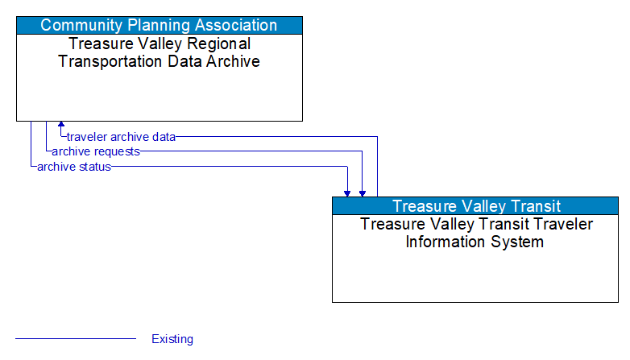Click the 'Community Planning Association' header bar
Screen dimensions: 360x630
coord(159,25)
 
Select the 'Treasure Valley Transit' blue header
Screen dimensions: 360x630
coord(475,206)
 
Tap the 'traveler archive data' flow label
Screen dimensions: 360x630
coord(121,137)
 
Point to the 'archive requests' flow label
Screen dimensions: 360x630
coord(95,151)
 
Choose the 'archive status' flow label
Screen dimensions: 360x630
coord(73,167)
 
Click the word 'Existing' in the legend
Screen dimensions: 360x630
coord(172,339)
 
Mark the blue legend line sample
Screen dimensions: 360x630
coord(76,339)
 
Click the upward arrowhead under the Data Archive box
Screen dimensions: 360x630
coord(61,126)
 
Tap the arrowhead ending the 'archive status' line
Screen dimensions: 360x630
coord(347,192)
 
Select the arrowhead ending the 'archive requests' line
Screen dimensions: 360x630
coord(363,192)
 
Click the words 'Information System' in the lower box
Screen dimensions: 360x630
coord(475,242)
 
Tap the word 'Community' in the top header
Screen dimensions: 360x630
coord(77,25)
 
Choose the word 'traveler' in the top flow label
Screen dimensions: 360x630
coord(86,137)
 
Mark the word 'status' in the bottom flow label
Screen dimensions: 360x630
coord(94,167)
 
